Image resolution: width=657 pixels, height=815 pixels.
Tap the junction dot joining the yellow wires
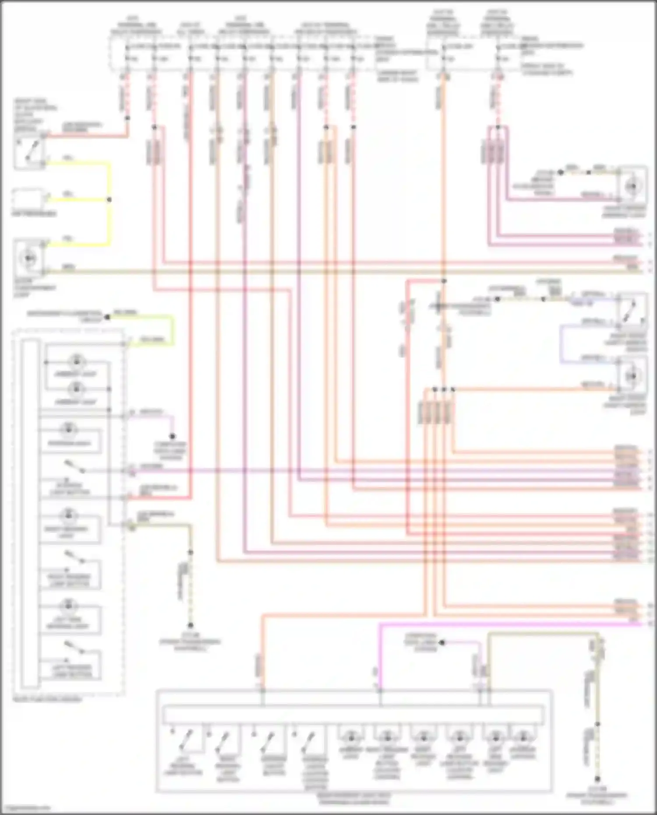109,200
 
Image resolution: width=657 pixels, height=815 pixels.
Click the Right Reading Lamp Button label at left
70,580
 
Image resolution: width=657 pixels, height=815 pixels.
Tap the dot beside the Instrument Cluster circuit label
107,317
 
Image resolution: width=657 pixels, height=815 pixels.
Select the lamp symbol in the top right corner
632,187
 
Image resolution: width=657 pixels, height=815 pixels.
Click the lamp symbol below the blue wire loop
632,376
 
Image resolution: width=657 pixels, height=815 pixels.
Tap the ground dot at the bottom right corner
597,779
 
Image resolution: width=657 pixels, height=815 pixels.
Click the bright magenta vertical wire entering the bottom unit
380,657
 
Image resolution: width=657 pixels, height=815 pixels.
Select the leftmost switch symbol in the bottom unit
185,739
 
